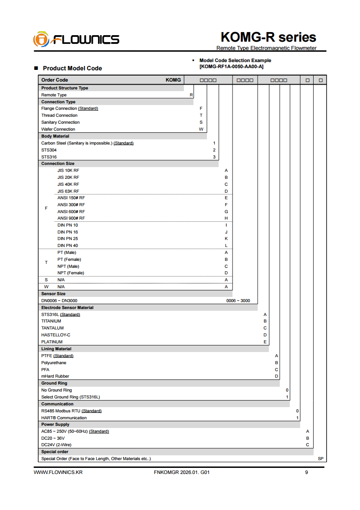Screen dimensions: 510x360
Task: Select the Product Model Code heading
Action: pyautogui.click(x=72, y=68)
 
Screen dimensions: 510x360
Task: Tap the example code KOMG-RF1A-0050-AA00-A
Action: pyautogui.click(x=231, y=66)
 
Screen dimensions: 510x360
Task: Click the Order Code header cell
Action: pyautogui.click(x=55, y=80)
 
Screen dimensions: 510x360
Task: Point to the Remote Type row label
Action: pyautogui.click(x=54, y=95)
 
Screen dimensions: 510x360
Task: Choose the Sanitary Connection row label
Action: pyautogui.click(x=60, y=122)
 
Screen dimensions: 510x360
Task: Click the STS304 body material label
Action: pyautogui.click(x=49, y=150)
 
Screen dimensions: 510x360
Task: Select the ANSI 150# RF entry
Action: pyautogui.click(x=71, y=198)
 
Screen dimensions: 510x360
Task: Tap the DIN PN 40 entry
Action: pyautogui.click(x=68, y=246)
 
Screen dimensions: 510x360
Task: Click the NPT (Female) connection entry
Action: pyautogui.click(x=71, y=273)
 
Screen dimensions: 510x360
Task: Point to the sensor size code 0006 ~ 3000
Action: pyautogui.click(x=238, y=301)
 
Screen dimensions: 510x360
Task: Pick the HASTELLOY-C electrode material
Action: pyautogui.click(x=56, y=335)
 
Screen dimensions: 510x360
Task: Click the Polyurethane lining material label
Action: pyautogui.click(x=54, y=363)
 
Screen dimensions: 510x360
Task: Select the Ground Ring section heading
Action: pyautogui.click(x=54, y=383)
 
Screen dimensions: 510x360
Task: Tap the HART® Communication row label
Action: pyautogui.click(x=64, y=418)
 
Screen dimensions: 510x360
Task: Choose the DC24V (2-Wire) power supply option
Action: pyautogui.click(x=56, y=445)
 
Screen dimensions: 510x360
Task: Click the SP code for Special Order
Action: pyautogui.click(x=321, y=459)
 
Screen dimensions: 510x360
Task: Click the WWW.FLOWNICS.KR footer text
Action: pyautogui.click(x=58, y=472)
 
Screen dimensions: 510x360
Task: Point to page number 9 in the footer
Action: pyautogui.click(x=307, y=472)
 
